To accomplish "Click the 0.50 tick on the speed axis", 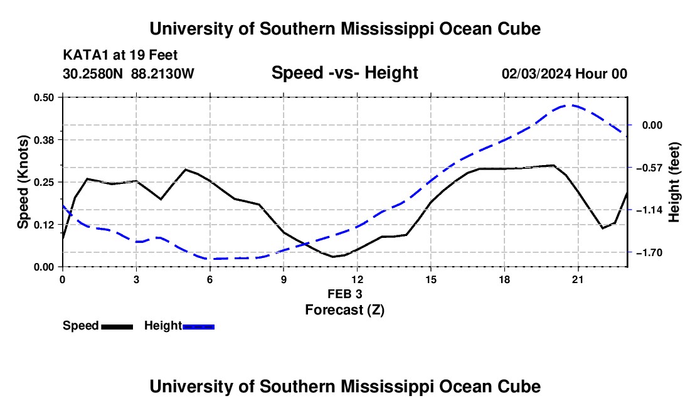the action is (43, 97).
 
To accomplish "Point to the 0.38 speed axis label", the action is (43, 140).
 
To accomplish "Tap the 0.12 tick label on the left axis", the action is (43, 225).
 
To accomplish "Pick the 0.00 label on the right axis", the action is (652, 126).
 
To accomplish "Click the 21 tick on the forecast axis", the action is (577, 279).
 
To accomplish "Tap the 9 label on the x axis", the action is (284, 279).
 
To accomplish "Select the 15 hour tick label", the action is (430, 279).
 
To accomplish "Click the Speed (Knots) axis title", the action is (23, 182).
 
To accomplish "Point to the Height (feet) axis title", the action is (674, 182).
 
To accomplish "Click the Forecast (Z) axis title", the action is (344, 310).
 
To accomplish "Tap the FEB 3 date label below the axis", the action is (344, 294).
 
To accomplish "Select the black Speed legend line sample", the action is (117, 327).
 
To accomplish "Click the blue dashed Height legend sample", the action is (198, 327).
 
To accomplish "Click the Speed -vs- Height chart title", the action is (344, 73).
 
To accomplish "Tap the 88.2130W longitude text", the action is (162, 73).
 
